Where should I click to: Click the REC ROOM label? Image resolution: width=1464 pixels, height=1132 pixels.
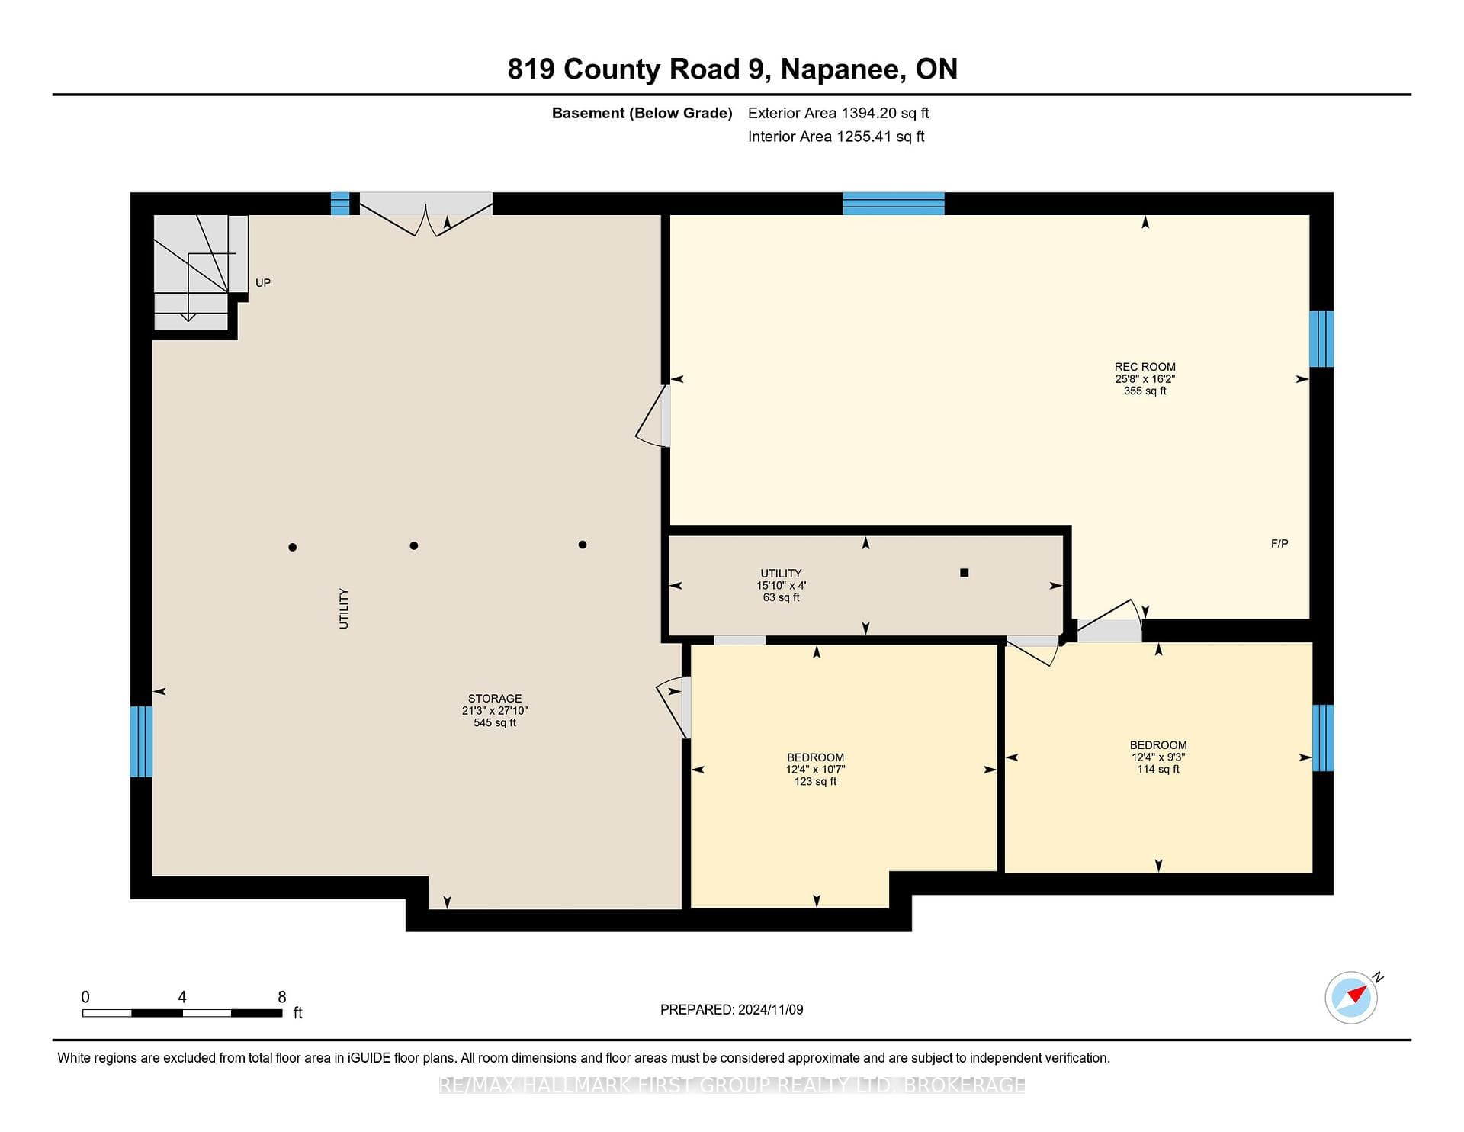tap(1145, 367)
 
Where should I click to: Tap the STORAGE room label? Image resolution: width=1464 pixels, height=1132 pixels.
tap(495, 699)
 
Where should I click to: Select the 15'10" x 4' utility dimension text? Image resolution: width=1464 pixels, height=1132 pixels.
tap(781, 585)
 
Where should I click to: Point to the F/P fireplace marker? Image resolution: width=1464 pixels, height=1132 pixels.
tap(1279, 544)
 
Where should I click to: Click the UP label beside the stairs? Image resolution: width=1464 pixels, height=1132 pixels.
tap(263, 283)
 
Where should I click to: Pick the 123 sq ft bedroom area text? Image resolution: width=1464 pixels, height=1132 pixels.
tap(815, 782)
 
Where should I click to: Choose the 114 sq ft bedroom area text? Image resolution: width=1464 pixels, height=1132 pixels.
tap(1158, 770)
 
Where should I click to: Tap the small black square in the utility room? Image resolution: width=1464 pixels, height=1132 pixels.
tap(965, 573)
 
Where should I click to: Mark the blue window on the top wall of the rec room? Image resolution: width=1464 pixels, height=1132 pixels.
tap(894, 204)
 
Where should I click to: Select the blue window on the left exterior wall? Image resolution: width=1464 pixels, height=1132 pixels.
tap(141, 741)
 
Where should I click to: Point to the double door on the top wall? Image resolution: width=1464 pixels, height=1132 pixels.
tap(426, 213)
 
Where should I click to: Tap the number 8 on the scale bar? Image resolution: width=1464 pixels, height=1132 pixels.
tap(282, 997)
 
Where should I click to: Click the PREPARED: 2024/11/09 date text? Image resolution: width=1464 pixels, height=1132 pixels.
tap(732, 1010)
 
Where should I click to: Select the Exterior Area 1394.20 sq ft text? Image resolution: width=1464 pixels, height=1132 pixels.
tap(839, 114)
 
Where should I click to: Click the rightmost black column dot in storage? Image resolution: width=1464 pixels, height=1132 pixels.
tap(583, 545)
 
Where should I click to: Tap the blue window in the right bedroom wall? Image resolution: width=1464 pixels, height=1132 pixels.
tap(1322, 738)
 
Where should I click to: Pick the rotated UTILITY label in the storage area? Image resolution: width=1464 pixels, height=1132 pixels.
tap(344, 609)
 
